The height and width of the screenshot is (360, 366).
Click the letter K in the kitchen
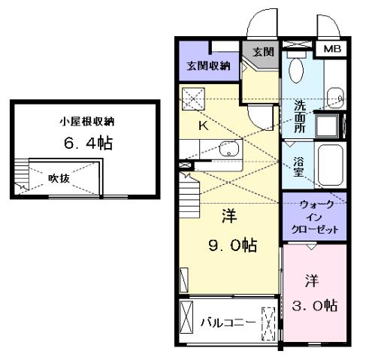point(202,126)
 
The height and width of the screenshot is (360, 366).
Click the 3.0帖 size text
point(313,305)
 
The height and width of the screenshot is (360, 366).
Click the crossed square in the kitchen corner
point(193,98)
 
